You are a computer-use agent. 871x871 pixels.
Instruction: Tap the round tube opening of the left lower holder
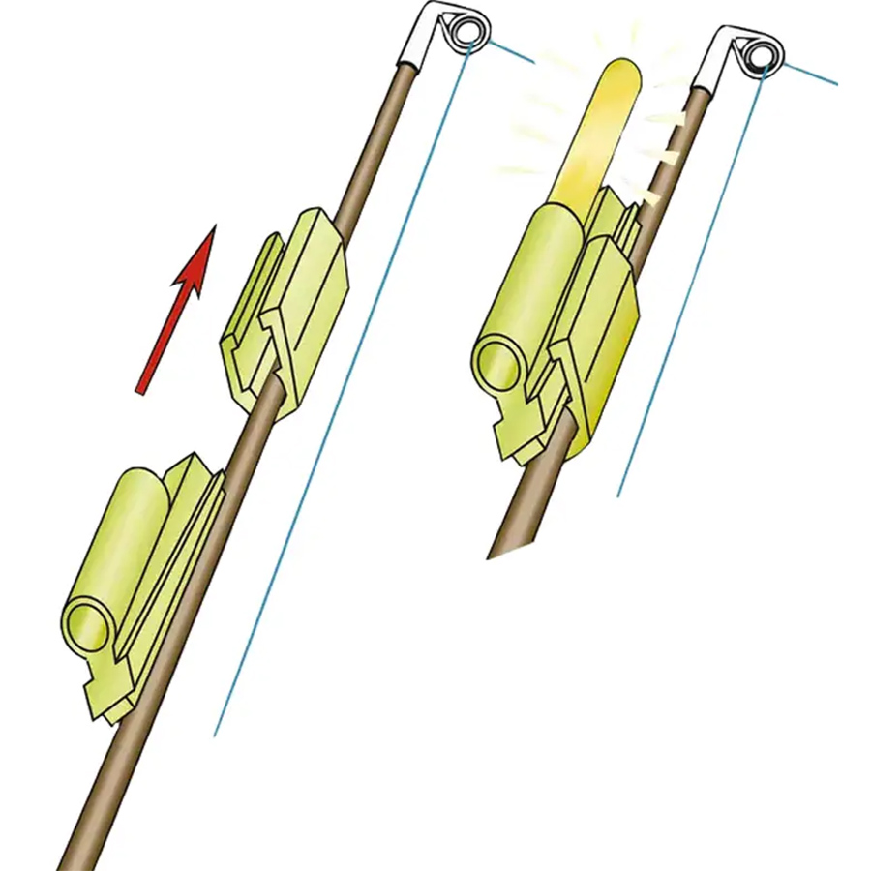pos(88,622)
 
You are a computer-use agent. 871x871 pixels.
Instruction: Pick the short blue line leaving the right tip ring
pos(808,74)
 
